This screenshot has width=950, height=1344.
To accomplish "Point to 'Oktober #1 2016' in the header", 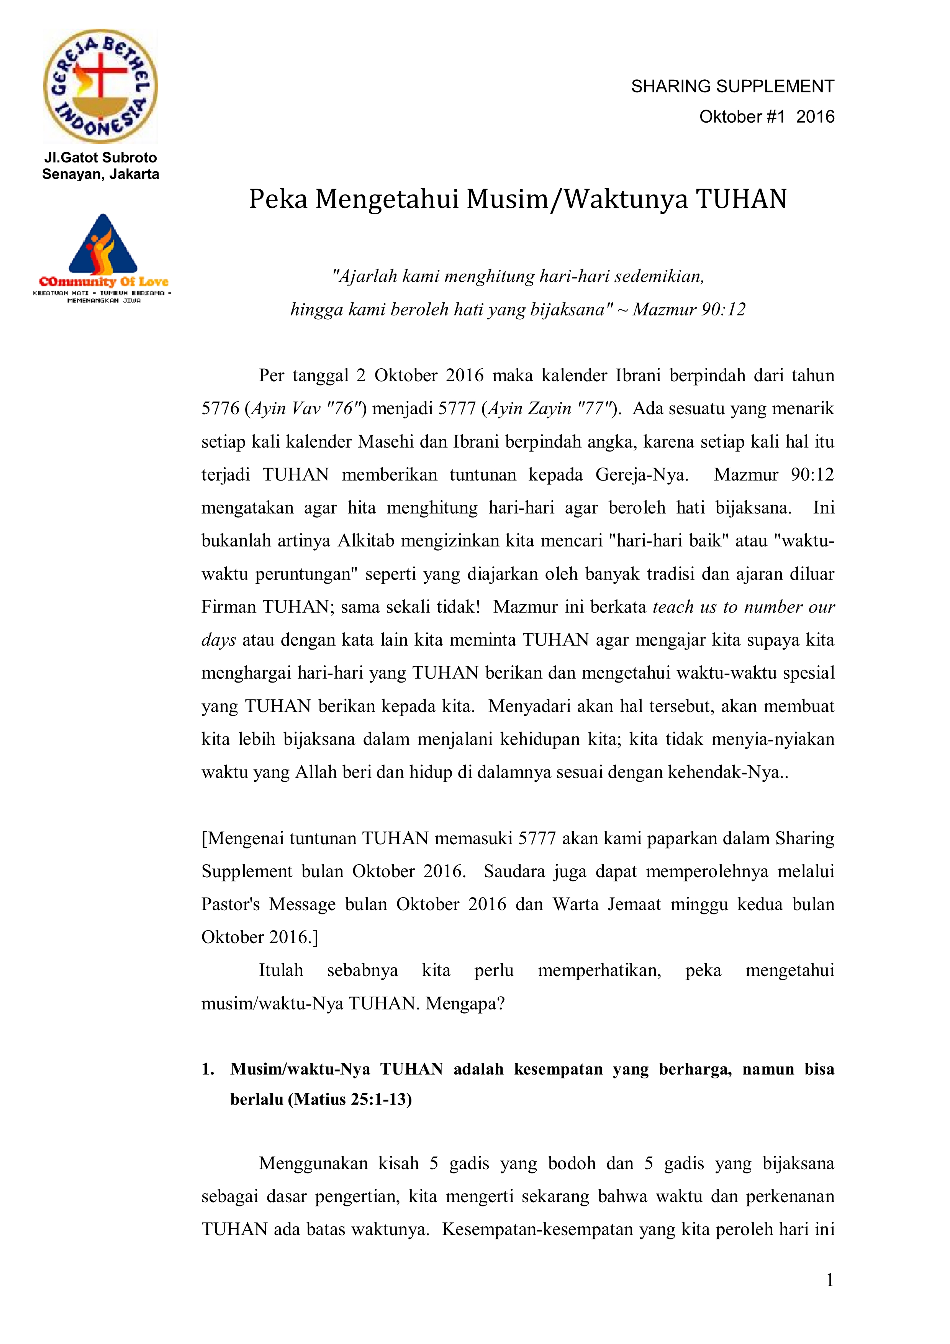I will [x=766, y=117].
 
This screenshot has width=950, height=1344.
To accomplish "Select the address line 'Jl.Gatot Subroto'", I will [x=101, y=158].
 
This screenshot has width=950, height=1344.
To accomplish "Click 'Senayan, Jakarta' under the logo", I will [x=101, y=174].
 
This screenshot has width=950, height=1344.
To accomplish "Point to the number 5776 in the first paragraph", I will [x=220, y=408].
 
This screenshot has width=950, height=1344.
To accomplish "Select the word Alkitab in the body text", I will [x=366, y=540].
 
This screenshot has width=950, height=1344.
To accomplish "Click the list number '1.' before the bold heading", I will [x=208, y=1069].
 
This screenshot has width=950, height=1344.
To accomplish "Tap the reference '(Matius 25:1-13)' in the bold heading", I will [x=350, y=1099].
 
